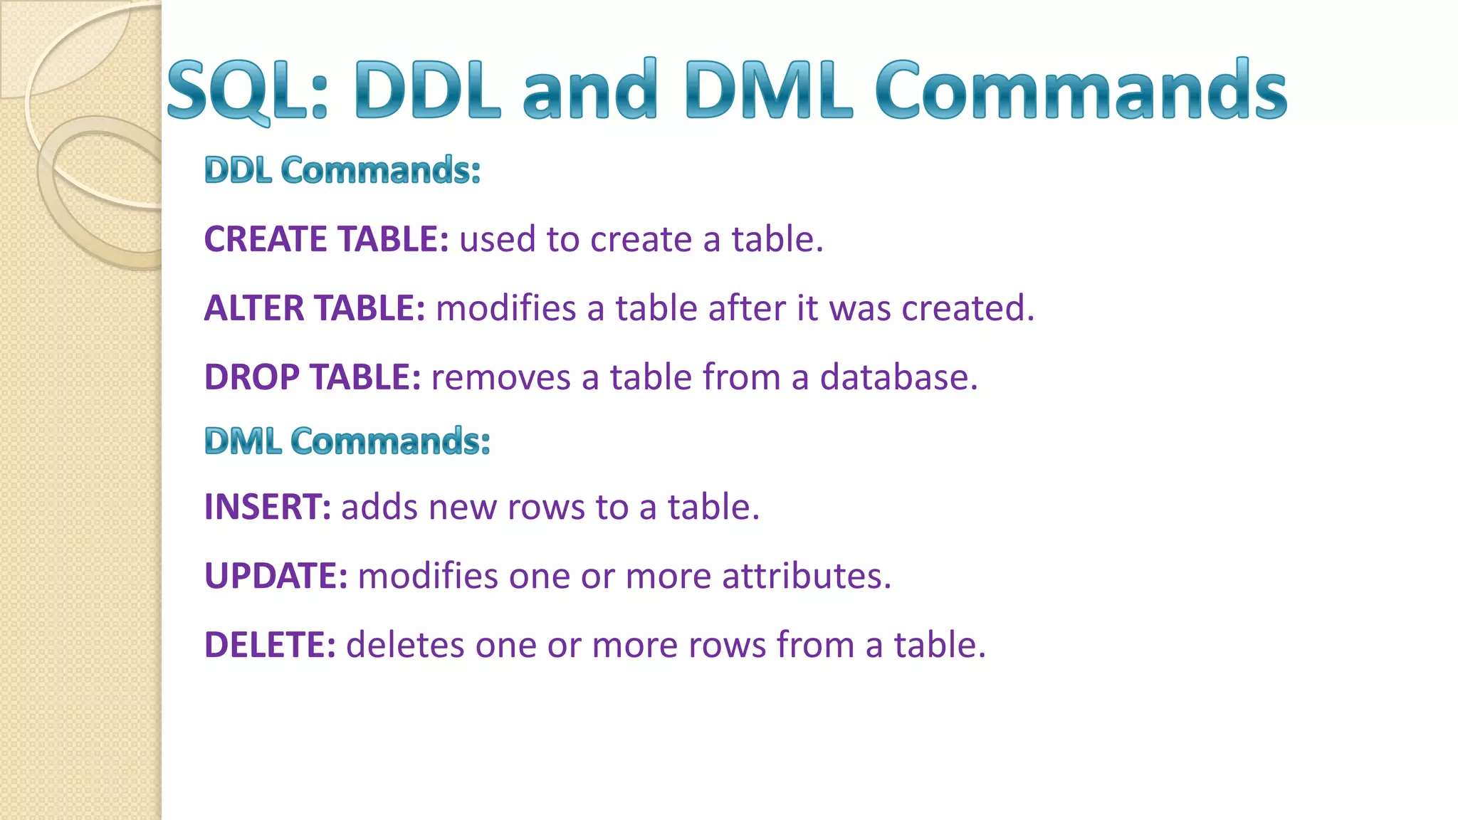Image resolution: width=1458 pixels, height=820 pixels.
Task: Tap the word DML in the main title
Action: click(x=768, y=90)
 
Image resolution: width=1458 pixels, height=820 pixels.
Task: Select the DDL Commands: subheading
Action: click(x=342, y=170)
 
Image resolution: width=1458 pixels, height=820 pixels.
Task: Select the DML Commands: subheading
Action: click(x=347, y=441)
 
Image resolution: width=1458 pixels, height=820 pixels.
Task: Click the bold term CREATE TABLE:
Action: click(x=326, y=239)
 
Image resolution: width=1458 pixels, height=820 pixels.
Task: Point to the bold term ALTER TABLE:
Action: click(x=315, y=308)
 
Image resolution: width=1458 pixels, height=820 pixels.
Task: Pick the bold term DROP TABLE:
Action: click(x=313, y=377)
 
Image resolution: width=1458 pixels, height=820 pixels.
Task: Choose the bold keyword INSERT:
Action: click(x=268, y=508)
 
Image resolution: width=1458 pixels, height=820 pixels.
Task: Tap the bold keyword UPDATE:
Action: click(x=276, y=576)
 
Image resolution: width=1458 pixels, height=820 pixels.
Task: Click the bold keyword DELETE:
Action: click(x=270, y=645)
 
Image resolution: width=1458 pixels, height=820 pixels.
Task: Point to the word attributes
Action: click(x=806, y=576)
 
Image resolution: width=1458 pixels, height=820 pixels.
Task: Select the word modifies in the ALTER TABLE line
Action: click(x=505, y=308)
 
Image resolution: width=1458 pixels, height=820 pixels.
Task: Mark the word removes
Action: click(x=500, y=377)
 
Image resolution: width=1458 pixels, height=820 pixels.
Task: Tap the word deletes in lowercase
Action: click(x=405, y=645)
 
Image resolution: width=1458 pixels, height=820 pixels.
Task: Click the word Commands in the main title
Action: click(x=1081, y=90)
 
